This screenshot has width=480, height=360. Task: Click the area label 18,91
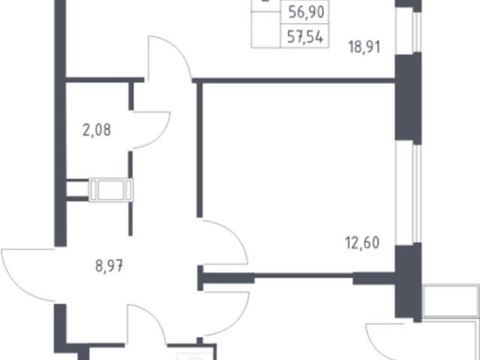click(x=364, y=47)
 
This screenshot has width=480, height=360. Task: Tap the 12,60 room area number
click(x=362, y=243)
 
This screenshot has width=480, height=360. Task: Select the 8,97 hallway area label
click(x=109, y=265)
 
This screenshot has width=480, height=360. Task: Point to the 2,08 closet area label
click(x=97, y=130)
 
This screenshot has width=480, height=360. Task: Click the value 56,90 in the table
click(x=306, y=13)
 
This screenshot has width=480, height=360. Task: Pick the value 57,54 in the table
click(x=305, y=37)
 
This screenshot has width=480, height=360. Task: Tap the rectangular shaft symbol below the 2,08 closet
click(x=111, y=190)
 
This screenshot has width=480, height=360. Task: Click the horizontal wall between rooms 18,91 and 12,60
click(x=293, y=81)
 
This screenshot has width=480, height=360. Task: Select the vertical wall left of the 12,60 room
click(x=199, y=150)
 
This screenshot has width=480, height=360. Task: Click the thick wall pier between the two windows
click(x=408, y=98)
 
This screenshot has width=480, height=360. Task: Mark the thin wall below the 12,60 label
click(x=303, y=275)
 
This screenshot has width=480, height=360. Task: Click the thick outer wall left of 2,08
click(x=60, y=123)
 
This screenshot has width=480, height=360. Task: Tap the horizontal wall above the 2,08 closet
click(x=105, y=80)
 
